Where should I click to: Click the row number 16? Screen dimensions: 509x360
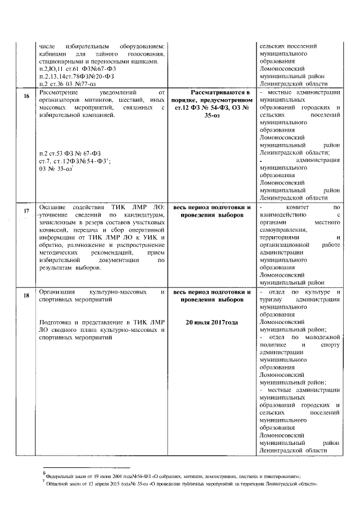pyautogui.click(x=26, y=96)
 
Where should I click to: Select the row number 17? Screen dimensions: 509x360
pyautogui.click(x=26, y=211)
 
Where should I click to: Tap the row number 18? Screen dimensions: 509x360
pyautogui.click(x=26, y=295)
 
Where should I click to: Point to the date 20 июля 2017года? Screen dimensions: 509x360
pyautogui.click(x=211, y=322)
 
